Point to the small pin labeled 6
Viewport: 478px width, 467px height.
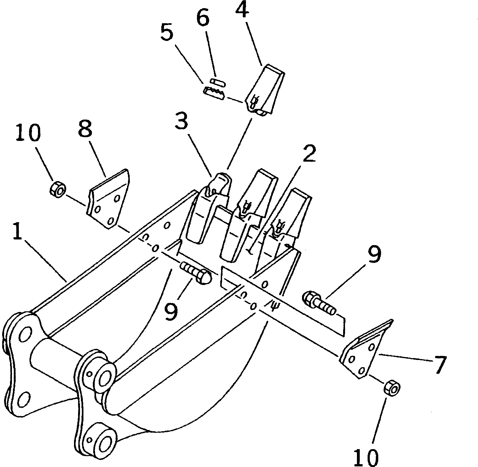tap(217, 82)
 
